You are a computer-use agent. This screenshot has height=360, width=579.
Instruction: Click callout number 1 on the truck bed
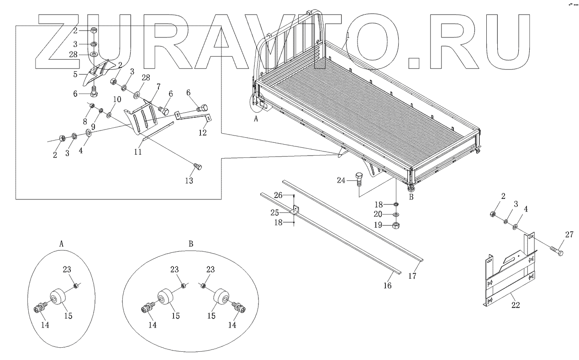(347, 35)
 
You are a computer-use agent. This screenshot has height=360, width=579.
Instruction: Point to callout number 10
(117, 99)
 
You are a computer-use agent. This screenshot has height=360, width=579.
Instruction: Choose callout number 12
(203, 133)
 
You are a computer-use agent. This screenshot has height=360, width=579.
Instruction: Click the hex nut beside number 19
(396, 225)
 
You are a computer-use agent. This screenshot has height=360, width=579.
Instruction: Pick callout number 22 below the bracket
(515, 305)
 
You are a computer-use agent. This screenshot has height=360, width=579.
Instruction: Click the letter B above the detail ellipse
(190, 243)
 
